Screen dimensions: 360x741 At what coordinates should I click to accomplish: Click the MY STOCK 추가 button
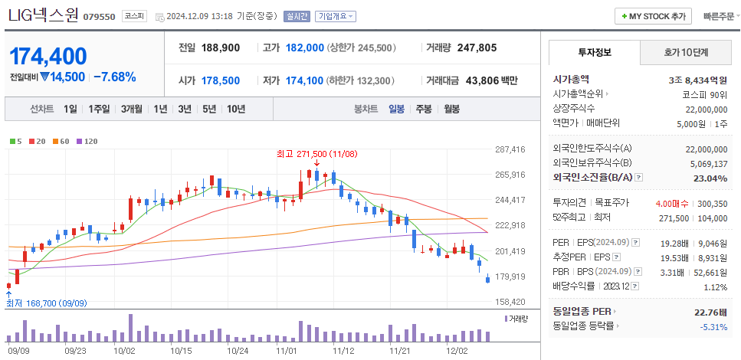click(x=653, y=16)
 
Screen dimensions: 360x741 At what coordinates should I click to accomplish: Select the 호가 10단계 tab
click(x=686, y=53)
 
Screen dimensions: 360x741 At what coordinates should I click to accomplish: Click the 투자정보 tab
click(x=595, y=53)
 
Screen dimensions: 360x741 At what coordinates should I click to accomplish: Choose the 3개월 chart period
click(x=133, y=109)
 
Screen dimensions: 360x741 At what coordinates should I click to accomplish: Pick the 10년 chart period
click(x=235, y=109)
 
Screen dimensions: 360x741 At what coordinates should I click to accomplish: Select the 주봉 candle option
click(x=424, y=109)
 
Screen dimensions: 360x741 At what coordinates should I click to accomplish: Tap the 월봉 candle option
click(x=451, y=109)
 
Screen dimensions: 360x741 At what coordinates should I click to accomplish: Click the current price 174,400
click(x=48, y=56)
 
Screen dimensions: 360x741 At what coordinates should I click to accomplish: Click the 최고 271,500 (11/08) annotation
click(x=317, y=153)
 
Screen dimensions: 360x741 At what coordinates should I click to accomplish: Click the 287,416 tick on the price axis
click(x=510, y=149)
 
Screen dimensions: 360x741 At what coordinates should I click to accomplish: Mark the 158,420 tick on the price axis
click(x=510, y=302)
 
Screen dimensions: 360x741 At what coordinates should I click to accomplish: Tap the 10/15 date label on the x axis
click(x=181, y=350)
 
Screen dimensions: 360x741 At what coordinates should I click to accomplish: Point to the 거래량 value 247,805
click(x=477, y=47)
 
